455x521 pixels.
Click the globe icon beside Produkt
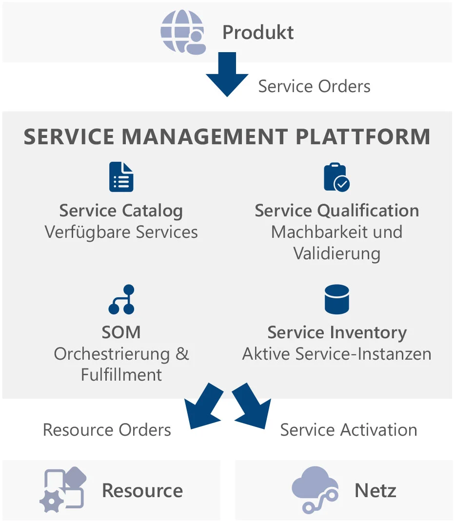pyautogui.click(x=183, y=32)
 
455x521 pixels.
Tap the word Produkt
pyautogui.click(x=258, y=33)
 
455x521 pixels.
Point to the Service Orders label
pyautogui.click(x=314, y=86)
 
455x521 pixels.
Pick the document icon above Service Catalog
pyautogui.click(x=121, y=177)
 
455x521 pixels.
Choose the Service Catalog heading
pyautogui.click(x=121, y=211)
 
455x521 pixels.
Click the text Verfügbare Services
pyautogui.click(x=121, y=232)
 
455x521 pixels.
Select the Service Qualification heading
pyautogui.click(x=336, y=211)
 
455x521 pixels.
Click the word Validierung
pyautogui.click(x=336, y=253)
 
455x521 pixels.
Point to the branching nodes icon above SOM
pyautogui.click(x=121, y=299)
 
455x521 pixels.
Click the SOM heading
pyautogui.click(x=121, y=332)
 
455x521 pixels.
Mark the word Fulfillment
pyautogui.click(x=121, y=375)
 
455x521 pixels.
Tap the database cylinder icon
pyautogui.click(x=336, y=299)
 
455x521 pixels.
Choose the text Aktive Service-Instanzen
pyautogui.click(x=336, y=354)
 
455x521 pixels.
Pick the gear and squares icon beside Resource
pyautogui.click(x=62, y=490)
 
